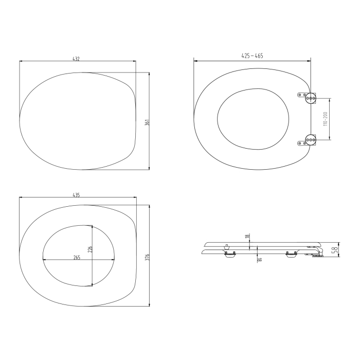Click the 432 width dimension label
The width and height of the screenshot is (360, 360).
click(76, 59)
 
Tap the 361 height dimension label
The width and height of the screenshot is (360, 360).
click(147, 122)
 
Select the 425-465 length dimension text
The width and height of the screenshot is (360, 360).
click(252, 56)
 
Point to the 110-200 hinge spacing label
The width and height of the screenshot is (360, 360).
click(326, 119)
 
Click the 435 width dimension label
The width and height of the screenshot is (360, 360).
click(76, 195)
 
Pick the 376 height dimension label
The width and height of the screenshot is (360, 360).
click(147, 257)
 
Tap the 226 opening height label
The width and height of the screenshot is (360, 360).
click(90, 249)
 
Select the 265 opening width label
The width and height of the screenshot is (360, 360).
click(77, 258)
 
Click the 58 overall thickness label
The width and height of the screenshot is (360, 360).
click(335, 249)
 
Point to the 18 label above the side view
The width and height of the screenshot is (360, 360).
click(247, 236)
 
